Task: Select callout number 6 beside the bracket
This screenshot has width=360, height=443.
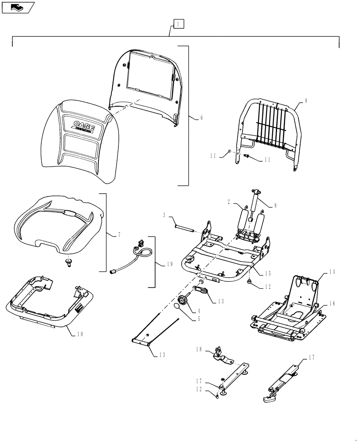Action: [x=201, y=118]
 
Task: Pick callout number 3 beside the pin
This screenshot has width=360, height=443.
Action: [x=164, y=215]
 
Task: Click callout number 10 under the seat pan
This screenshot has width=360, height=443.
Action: [x=78, y=334]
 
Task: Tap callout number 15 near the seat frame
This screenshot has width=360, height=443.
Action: [x=268, y=273]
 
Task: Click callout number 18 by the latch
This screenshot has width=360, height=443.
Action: [x=198, y=350]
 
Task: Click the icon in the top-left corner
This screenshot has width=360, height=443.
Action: [x=18, y=7]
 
